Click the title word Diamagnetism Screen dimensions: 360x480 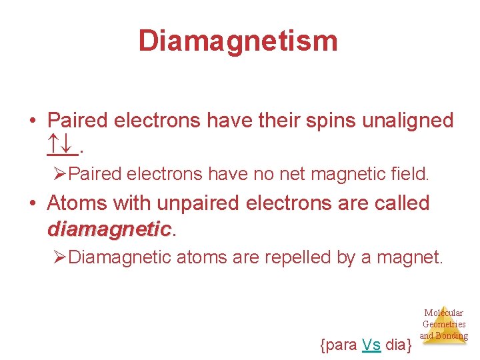tap(238, 41)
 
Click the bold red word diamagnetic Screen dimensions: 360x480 tap(109, 229)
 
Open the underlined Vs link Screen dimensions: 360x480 tap(371, 345)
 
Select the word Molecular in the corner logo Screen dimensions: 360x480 tap(444, 313)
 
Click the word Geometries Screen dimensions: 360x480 tap(444, 324)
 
